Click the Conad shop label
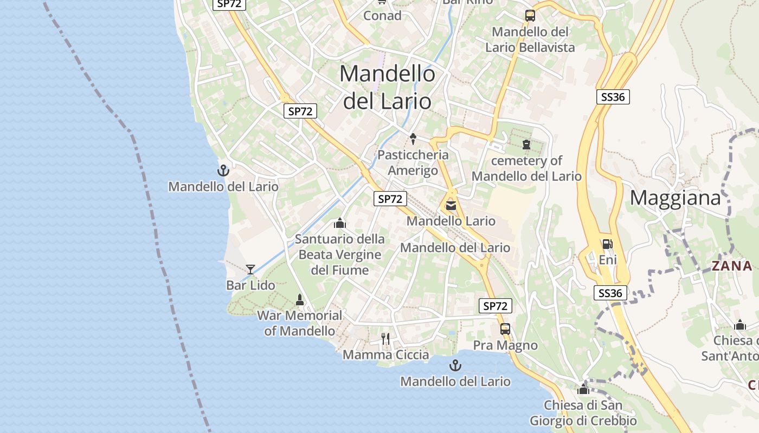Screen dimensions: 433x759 (382, 16)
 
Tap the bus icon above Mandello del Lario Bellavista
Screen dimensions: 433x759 (530, 16)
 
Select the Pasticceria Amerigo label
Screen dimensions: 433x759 (413, 163)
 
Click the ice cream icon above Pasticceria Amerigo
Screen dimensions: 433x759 (413, 139)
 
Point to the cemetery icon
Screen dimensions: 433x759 (526, 145)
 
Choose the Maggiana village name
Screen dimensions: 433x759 (675, 198)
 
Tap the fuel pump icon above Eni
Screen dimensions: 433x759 (607, 244)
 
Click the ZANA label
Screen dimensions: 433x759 (732, 266)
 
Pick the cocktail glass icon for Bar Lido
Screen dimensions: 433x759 (250, 269)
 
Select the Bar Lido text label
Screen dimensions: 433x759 (250, 285)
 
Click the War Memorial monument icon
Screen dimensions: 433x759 (299, 299)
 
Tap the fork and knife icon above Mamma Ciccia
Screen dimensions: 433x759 (385, 339)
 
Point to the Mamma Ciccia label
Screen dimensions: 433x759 (385, 355)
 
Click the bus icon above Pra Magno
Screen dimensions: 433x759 (505, 329)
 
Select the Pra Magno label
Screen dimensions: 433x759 (505, 345)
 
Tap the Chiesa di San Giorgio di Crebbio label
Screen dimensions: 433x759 (583, 413)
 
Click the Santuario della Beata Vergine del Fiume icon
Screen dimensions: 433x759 (340, 223)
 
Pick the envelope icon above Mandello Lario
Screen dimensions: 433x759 (451, 205)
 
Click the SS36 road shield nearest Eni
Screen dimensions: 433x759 (610, 293)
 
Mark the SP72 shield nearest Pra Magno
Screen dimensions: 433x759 (496, 306)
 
